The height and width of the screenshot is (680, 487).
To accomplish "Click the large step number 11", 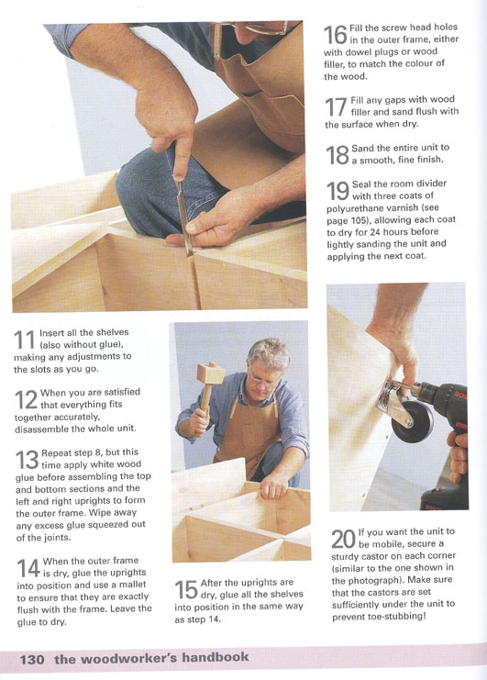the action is pyautogui.click(x=24, y=340).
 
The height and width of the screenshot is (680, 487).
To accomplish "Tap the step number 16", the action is pyautogui.click(x=336, y=35).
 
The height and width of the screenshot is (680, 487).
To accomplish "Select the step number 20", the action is pyautogui.click(x=343, y=540).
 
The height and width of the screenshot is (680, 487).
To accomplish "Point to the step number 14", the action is pyautogui.click(x=28, y=568).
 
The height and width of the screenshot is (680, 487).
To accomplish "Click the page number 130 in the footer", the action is pyautogui.click(x=32, y=660).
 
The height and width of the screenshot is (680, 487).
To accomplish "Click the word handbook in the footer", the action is pyautogui.click(x=216, y=657).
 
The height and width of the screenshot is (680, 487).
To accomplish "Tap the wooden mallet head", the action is pyautogui.click(x=211, y=373).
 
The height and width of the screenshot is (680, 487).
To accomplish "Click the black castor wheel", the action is pyautogui.click(x=412, y=421).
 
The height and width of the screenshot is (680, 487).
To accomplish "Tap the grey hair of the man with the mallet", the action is pyautogui.click(x=269, y=354).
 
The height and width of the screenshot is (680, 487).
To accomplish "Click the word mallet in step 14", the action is pyautogui.click(x=132, y=585).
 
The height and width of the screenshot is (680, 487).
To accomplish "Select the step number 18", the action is pyautogui.click(x=338, y=155).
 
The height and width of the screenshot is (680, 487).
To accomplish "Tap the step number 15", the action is pyautogui.click(x=186, y=590).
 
